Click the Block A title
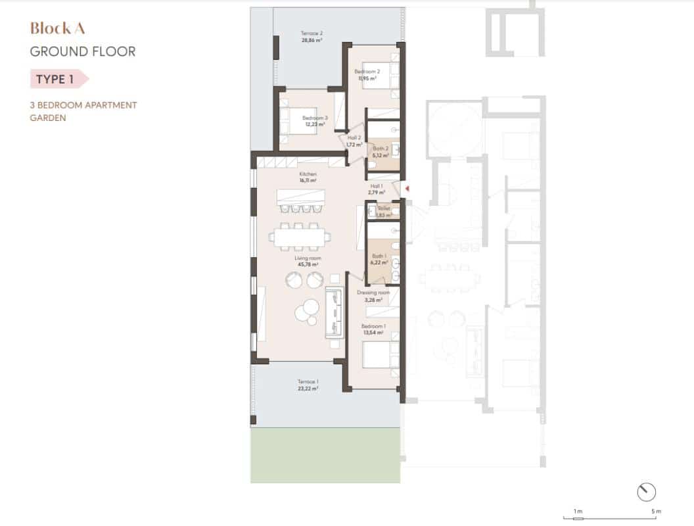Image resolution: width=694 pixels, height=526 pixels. (x=58, y=28)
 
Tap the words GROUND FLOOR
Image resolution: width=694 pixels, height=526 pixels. (x=83, y=51)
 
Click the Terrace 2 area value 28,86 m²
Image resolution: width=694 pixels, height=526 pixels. (x=312, y=40)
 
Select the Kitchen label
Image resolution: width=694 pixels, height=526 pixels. (x=308, y=174)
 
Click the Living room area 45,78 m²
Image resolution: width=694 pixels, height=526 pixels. (x=308, y=265)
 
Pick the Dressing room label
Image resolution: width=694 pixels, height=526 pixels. (x=373, y=293)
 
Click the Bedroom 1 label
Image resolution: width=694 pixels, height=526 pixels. (x=373, y=326)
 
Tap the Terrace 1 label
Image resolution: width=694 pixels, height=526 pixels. (x=308, y=382)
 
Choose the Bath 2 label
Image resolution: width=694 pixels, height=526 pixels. (x=381, y=149)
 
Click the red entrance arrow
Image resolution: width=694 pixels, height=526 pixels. (x=407, y=189)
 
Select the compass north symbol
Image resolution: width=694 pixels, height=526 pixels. (x=647, y=490)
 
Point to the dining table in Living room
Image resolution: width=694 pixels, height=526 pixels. (x=302, y=236)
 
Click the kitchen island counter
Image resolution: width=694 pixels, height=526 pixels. (x=301, y=197)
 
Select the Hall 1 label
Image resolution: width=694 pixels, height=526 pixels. (x=377, y=186)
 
